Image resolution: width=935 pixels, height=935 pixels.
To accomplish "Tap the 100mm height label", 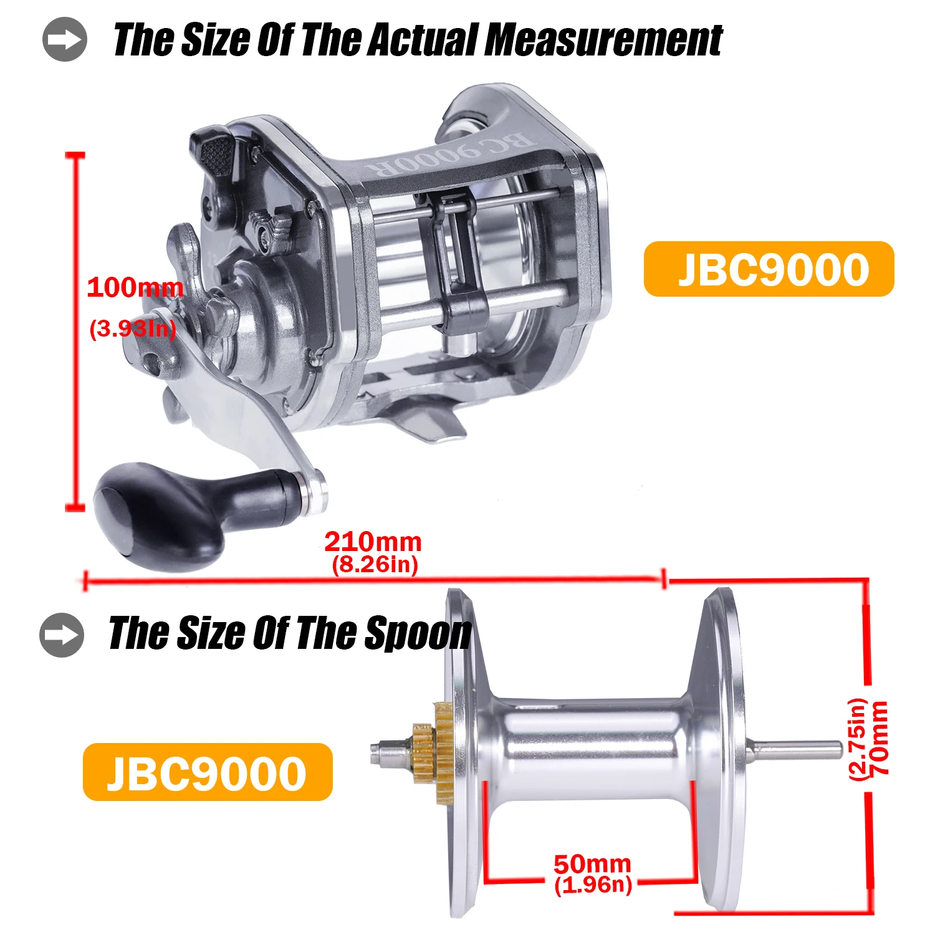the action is coord(135,288).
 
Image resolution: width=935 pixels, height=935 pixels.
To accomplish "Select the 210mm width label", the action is coord(373,542).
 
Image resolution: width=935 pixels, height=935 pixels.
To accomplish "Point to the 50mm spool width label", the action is coord(592,864).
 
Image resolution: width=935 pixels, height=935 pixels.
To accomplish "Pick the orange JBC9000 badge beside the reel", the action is coord(769,269).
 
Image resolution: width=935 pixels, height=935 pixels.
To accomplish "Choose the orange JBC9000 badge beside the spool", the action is coord(208,772).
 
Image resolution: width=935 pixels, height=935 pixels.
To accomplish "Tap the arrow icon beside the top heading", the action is coord(65,40).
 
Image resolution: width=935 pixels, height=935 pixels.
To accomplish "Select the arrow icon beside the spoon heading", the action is coord(62,635).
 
